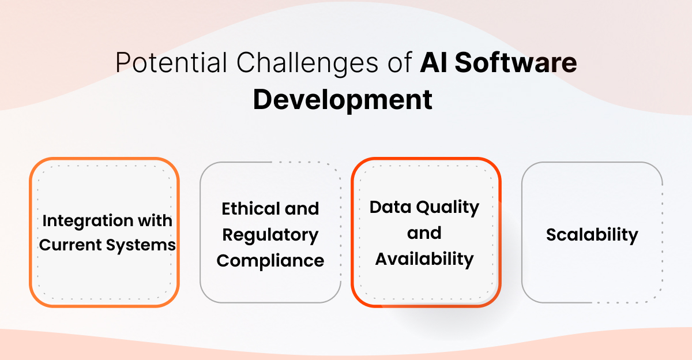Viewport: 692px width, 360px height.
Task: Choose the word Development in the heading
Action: [343, 99]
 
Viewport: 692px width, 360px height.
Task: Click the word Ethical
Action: [246, 209]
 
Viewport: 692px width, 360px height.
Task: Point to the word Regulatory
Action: [270, 235]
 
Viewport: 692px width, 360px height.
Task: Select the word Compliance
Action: [270, 261]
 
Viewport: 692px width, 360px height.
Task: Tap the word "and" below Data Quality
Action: [424, 233]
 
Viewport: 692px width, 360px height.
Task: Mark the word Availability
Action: [424, 259]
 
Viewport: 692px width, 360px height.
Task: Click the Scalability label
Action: [592, 235]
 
